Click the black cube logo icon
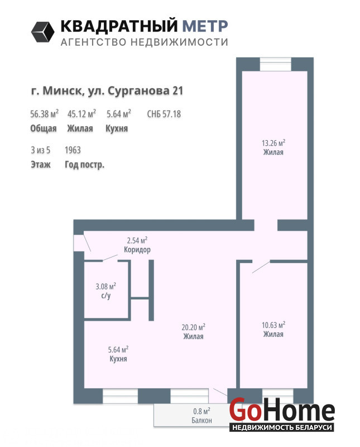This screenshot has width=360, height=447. pyautogui.click(x=43, y=32)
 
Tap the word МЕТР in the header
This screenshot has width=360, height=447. pyautogui.click(x=205, y=26)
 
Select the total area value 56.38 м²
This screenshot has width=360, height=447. pyautogui.click(x=45, y=113)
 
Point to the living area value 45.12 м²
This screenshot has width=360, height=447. pyautogui.click(x=81, y=113)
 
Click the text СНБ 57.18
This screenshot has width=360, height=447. pyautogui.click(x=164, y=114)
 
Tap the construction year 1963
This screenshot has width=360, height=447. pyautogui.click(x=73, y=150)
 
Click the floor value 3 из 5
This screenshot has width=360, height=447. pyautogui.click(x=40, y=150)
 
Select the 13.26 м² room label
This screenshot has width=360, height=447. pyautogui.click(x=273, y=147)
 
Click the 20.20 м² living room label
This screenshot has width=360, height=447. pyautogui.click(x=193, y=331)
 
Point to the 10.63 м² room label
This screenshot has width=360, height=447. pyautogui.click(x=273, y=329)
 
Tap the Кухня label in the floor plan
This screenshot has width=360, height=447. pyautogui.click(x=118, y=359)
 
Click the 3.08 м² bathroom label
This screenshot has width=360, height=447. pyautogui.click(x=105, y=291)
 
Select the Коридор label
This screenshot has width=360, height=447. pyautogui.click(x=137, y=250)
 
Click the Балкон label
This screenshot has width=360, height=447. pyautogui.click(x=201, y=420)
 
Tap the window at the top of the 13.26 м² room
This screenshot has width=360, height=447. pyautogui.click(x=275, y=64)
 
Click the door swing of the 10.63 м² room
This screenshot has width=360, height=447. pyautogui.click(x=261, y=267)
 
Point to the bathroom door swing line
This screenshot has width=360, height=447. pyautogui.click(x=111, y=258)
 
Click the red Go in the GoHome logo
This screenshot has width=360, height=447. pyautogui.click(x=245, y=410)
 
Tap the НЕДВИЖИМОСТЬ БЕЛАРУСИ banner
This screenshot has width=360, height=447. pyautogui.click(x=281, y=427)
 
